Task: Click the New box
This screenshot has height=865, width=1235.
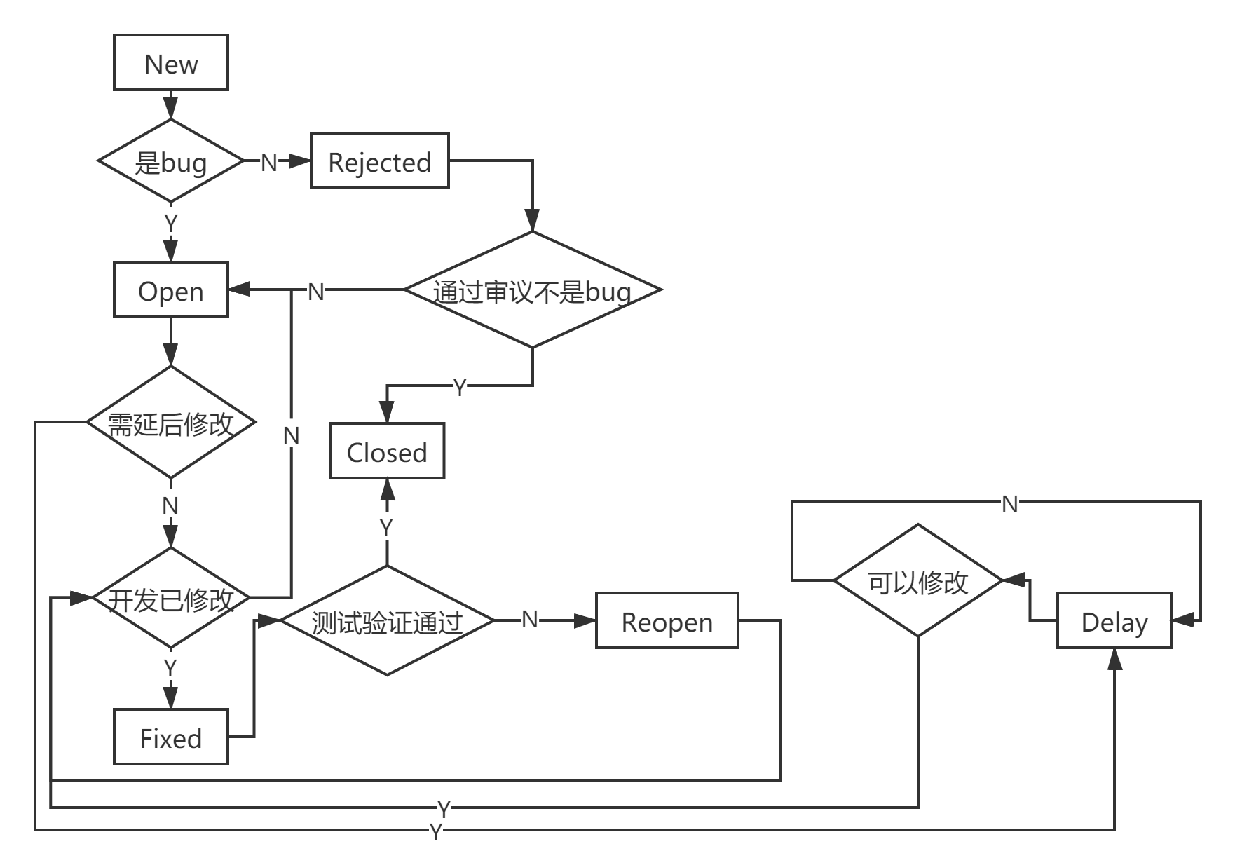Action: [171, 62]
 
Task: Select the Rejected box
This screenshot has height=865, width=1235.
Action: [380, 161]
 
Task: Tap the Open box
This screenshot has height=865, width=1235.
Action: [171, 290]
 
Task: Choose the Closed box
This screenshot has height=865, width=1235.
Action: [387, 451]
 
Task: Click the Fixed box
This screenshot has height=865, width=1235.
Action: [171, 737]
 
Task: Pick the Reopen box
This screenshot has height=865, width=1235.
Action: [667, 621]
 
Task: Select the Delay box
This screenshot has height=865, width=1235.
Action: [1114, 621]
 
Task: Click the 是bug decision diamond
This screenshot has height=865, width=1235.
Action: [171, 161]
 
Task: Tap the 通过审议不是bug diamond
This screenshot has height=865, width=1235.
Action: [533, 290]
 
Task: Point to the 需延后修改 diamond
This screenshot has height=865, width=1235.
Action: [171, 422]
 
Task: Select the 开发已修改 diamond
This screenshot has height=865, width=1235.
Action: [171, 598]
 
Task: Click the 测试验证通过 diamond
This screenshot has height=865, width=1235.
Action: [387, 621]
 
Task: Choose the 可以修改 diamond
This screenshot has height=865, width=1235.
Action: [918, 580]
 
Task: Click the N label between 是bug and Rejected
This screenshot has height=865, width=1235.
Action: [269, 163]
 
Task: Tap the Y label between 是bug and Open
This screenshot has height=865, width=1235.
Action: [171, 224]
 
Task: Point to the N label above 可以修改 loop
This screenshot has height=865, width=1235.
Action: [1010, 504]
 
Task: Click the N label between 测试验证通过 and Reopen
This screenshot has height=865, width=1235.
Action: [530, 619]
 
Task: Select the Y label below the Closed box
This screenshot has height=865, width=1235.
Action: [386, 528]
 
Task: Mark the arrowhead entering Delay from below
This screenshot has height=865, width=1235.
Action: [1114, 659]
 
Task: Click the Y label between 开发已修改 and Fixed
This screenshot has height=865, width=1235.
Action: [170, 668]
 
